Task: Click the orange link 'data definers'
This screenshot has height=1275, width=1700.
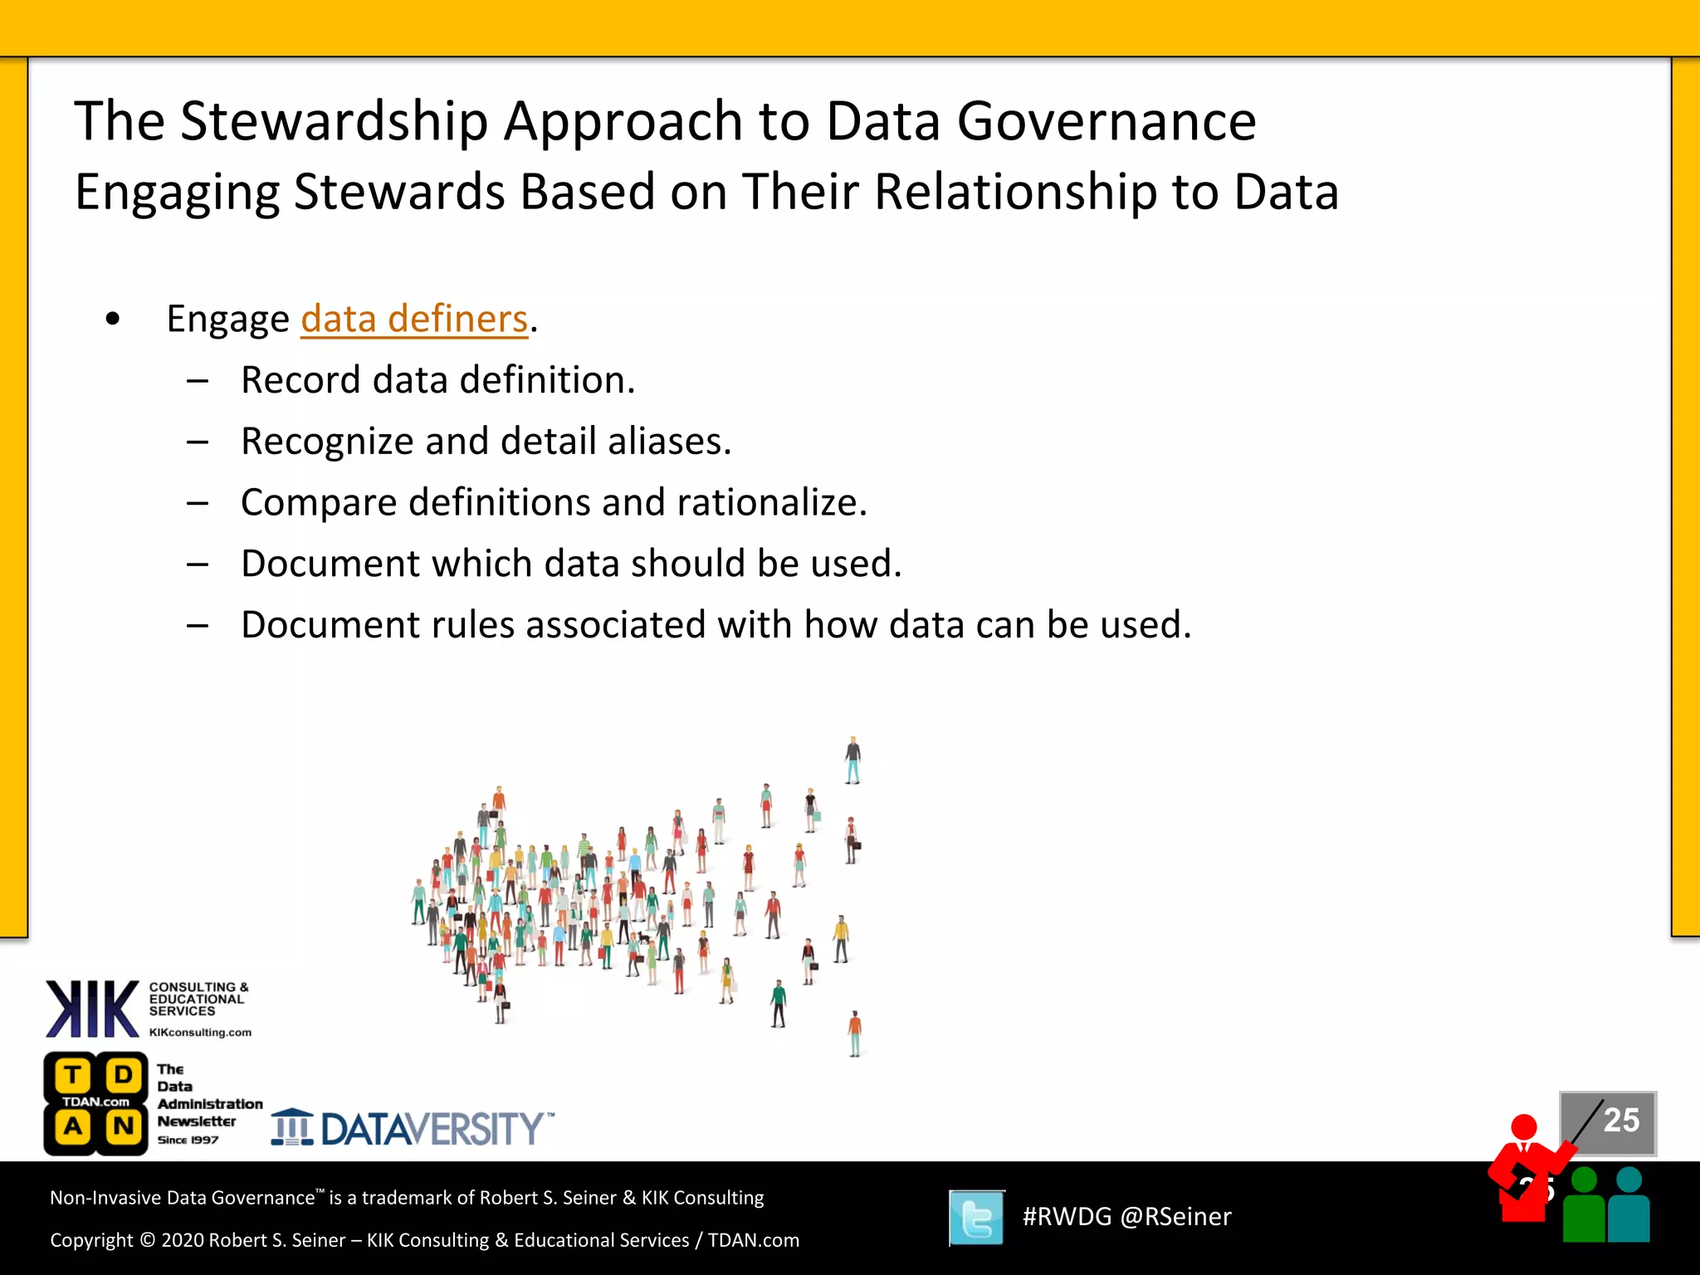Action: pos(414,320)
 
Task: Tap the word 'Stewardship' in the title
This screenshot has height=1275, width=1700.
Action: pos(334,122)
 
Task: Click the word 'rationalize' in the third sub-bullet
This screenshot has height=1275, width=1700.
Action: pos(770,503)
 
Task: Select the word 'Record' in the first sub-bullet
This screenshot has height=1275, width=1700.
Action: pos(301,381)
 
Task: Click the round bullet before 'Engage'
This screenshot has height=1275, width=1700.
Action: pos(113,320)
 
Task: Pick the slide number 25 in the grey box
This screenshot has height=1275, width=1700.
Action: pos(1621,1121)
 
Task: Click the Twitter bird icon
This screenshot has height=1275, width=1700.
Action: pos(977,1218)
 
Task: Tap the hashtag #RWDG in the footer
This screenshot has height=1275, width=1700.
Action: pos(1067,1217)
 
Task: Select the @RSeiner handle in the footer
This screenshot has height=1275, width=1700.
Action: pos(1175,1217)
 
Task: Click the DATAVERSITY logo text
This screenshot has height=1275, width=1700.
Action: pos(432,1129)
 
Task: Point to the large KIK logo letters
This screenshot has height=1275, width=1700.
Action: pos(92,1009)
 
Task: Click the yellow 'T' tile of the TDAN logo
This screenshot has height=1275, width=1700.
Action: pos(73,1076)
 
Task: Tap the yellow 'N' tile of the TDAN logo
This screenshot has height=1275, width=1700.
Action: pos(124,1127)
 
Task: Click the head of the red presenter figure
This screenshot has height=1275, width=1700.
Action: pos(1524,1127)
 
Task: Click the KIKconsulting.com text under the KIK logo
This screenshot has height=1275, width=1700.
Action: pos(200,1033)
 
